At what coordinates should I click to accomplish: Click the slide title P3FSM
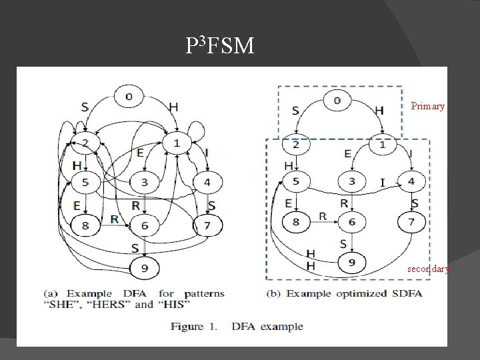coord(219,45)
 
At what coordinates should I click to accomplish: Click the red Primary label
coord(427,106)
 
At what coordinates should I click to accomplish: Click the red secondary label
coord(428,269)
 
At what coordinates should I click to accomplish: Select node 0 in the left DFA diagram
coord(129,96)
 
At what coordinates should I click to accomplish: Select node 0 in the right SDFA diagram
coord(337,101)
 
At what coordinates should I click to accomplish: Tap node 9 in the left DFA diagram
coord(144,268)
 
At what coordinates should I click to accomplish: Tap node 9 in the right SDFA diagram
coord(351,263)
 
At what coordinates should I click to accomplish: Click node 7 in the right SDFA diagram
coord(411,222)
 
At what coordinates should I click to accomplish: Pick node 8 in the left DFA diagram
coord(85,226)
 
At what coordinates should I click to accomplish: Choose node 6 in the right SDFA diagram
coord(351,222)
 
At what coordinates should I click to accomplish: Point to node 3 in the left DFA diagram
coord(144,181)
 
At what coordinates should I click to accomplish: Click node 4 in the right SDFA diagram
coord(411,181)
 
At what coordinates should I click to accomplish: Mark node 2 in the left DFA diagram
coord(85,142)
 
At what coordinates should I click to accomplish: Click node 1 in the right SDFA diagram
coord(383,144)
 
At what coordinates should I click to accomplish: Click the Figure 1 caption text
coord(237,327)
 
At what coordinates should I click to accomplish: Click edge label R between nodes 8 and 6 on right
coord(323,216)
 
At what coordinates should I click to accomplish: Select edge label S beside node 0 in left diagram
coord(85,107)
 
